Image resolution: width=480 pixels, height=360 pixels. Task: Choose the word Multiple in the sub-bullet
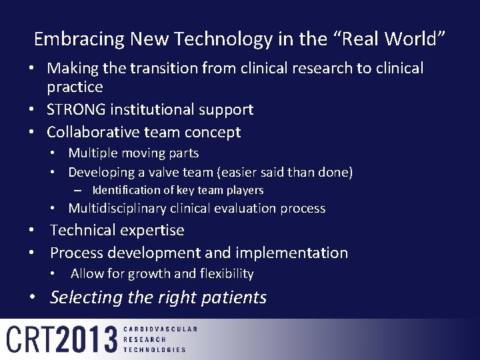tap(93, 153)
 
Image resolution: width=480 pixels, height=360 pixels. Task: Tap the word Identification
tap(125, 191)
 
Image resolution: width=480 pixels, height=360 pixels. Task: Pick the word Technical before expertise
tap(83, 231)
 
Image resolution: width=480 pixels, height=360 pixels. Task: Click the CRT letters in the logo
tap(30, 339)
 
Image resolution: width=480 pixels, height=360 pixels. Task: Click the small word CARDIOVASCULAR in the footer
tap(161, 329)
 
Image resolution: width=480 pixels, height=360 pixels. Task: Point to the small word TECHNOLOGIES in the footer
tap(155, 349)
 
